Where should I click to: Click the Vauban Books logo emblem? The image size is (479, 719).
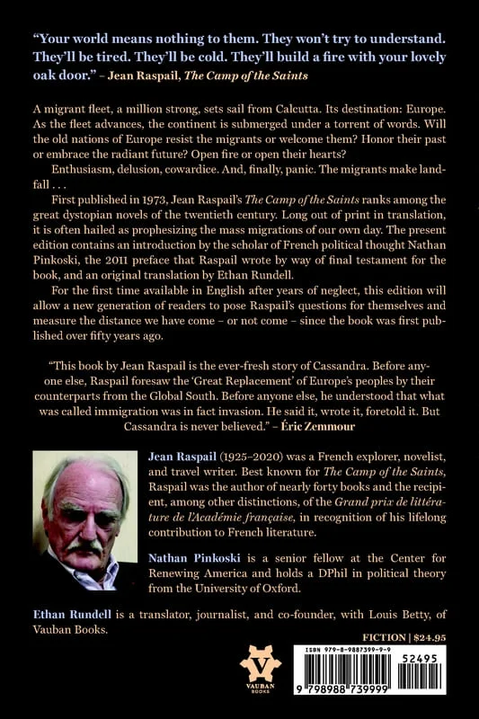tap(260, 667)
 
